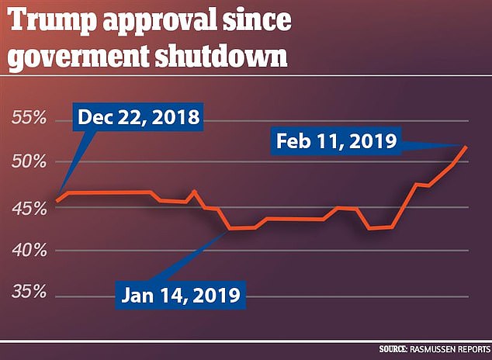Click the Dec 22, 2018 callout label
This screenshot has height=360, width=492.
137,119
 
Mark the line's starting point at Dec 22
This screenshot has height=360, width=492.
57,201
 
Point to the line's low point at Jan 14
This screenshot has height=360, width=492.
230,228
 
